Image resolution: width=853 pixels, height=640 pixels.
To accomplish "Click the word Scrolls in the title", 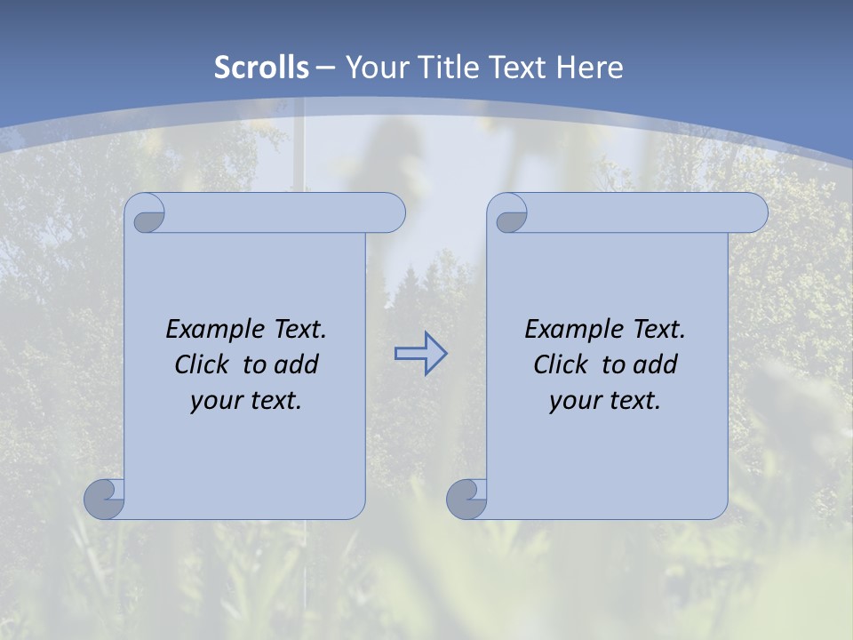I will point(261,68).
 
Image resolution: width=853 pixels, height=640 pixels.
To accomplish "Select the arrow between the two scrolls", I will point(420,354).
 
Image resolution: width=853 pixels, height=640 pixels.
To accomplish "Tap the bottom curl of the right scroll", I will point(467,498).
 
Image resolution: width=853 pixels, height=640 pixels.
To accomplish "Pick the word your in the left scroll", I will point(214,401).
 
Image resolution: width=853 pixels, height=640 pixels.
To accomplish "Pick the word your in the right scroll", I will point(573,401).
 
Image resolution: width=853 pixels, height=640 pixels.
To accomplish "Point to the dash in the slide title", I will point(326,68).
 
